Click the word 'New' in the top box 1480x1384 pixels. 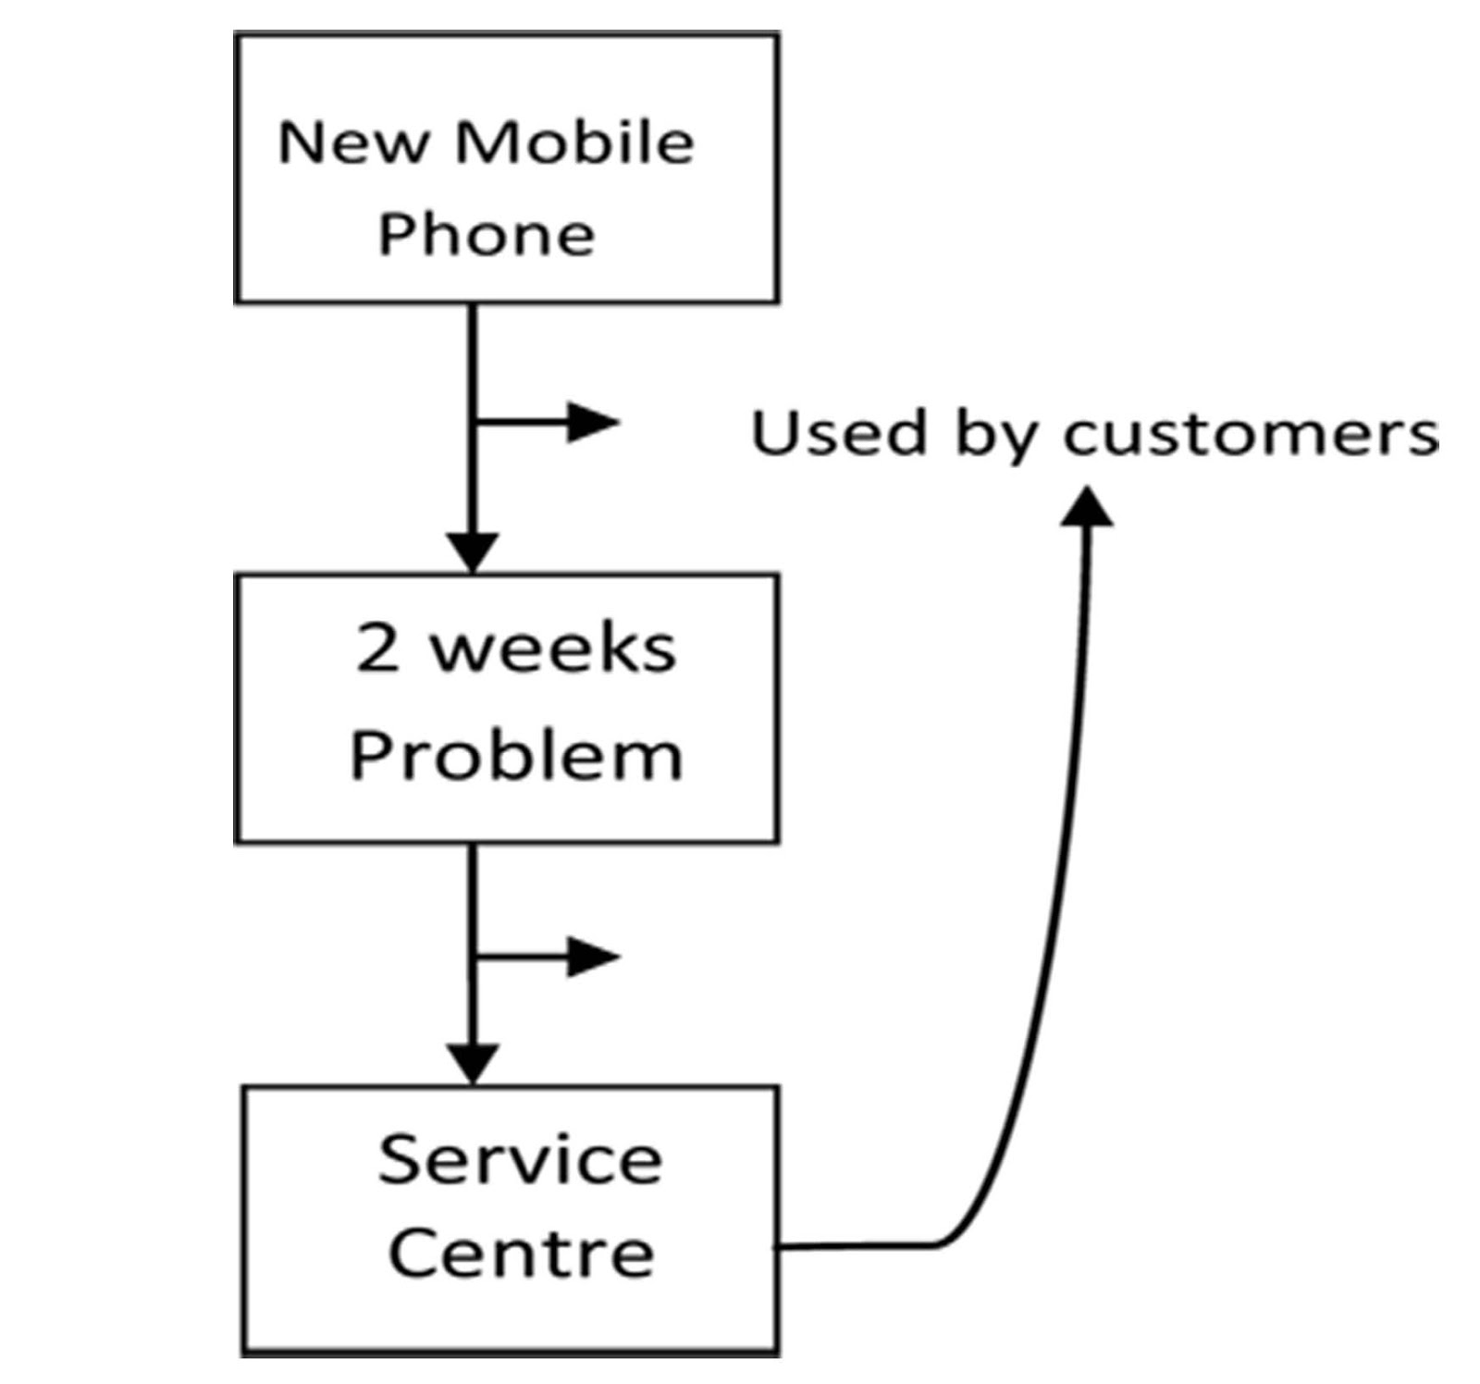point(354,143)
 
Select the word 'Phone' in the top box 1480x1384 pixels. point(487,235)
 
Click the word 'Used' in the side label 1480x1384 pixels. point(838,432)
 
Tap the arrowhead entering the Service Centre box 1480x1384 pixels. point(473,1063)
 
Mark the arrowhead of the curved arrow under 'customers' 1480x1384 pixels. point(1087,506)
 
